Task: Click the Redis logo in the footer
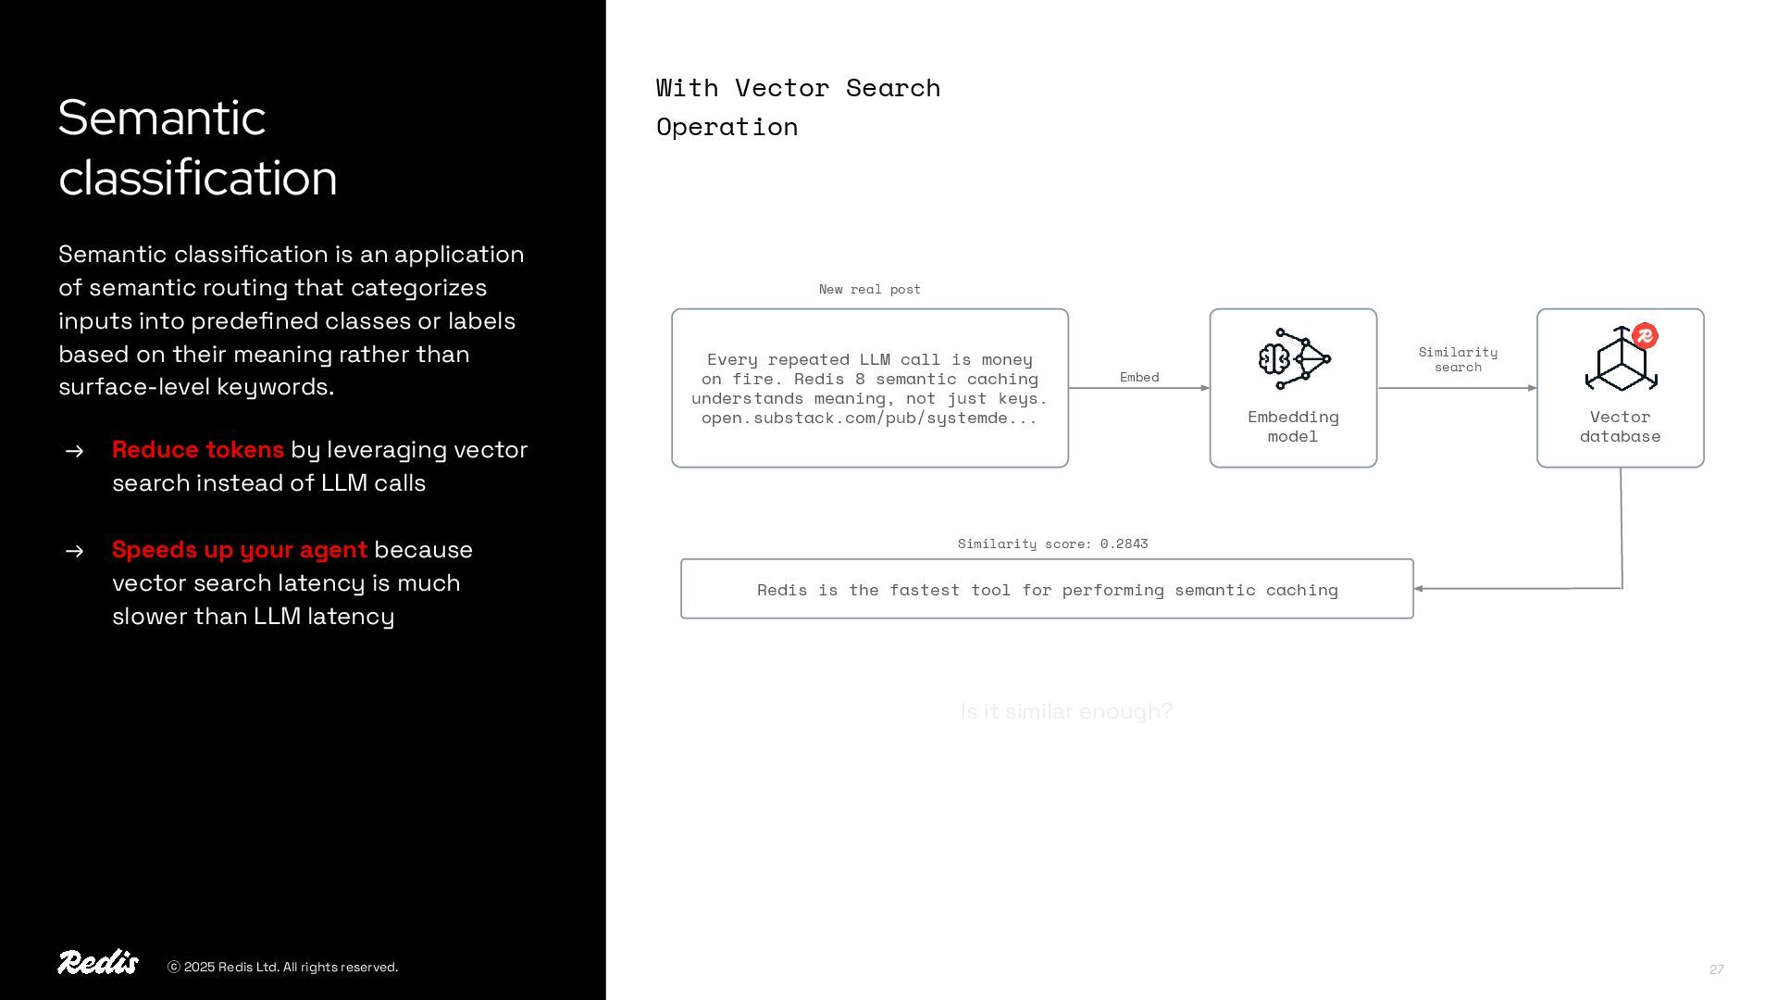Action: pyautogui.click(x=98, y=963)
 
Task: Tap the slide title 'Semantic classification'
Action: pyautogui.click(x=197, y=147)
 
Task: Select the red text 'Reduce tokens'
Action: pyautogui.click(x=197, y=450)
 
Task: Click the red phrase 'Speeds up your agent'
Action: pyautogui.click(x=239, y=550)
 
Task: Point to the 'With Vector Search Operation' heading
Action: pyautogui.click(x=797, y=107)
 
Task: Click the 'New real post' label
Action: pyautogui.click(x=869, y=290)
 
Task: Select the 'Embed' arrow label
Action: pyautogui.click(x=1138, y=378)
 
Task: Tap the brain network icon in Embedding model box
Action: pyautogui.click(x=1294, y=359)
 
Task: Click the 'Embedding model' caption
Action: pyautogui.click(x=1293, y=427)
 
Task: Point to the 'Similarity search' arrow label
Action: pyautogui.click(x=1458, y=360)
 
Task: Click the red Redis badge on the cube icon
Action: pyautogui.click(x=1645, y=336)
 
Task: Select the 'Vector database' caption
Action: pyautogui.click(x=1620, y=427)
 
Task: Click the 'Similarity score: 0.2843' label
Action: pyautogui.click(x=1052, y=544)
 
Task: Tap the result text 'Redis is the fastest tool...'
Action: pyautogui.click(x=1047, y=591)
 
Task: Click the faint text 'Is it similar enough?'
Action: pyautogui.click(x=1066, y=712)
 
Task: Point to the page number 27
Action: pyautogui.click(x=1716, y=969)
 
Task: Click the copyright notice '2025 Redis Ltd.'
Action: pyautogui.click(x=283, y=968)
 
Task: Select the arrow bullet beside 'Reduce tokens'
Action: pyautogui.click(x=75, y=451)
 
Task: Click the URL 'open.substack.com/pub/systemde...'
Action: pyautogui.click(x=869, y=419)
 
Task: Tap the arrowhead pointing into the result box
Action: pyautogui.click(x=1420, y=589)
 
